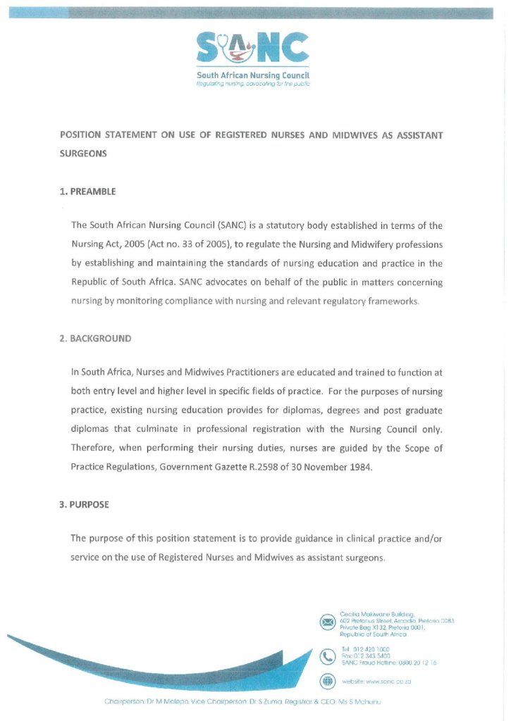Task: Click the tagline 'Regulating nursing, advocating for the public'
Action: click(253, 83)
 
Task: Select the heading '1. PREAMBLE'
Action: click(88, 191)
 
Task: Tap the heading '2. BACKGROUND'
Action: click(95, 339)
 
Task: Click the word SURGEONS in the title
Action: click(83, 154)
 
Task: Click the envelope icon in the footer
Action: click(328, 622)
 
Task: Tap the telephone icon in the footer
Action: click(328, 656)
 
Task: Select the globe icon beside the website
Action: click(328, 681)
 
